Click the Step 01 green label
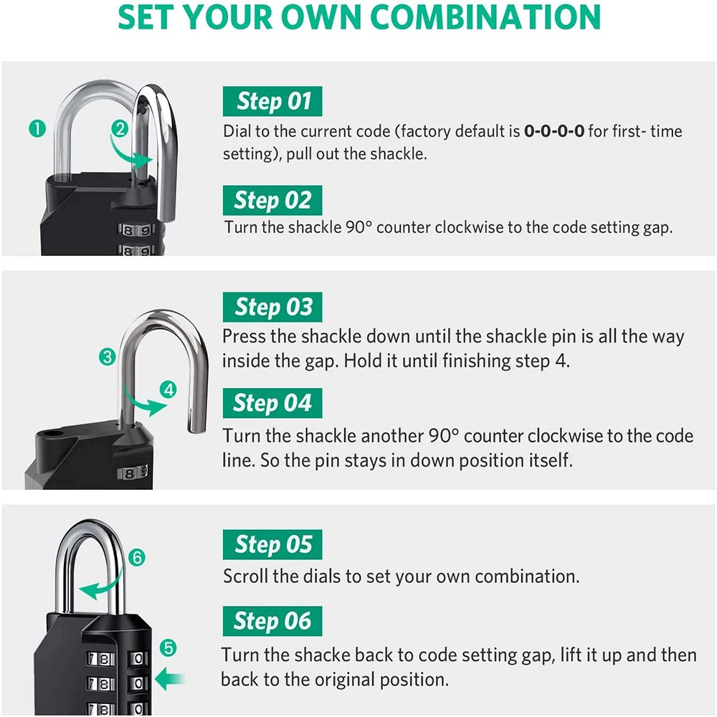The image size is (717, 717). [x=272, y=101]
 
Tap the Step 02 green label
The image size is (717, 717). [x=272, y=200]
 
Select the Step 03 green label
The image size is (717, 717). [x=272, y=308]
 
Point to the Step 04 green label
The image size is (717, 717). [x=272, y=404]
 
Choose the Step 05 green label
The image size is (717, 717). [x=272, y=546]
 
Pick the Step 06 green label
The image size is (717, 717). [x=272, y=621]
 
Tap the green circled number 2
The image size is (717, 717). [x=120, y=129]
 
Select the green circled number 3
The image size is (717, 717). [x=108, y=356]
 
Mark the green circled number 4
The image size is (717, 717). [x=169, y=390]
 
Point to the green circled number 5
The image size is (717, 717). [x=168, y=648]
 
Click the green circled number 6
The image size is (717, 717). [x=138, y=556]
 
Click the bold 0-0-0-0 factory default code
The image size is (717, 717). [x=554, y=132]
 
